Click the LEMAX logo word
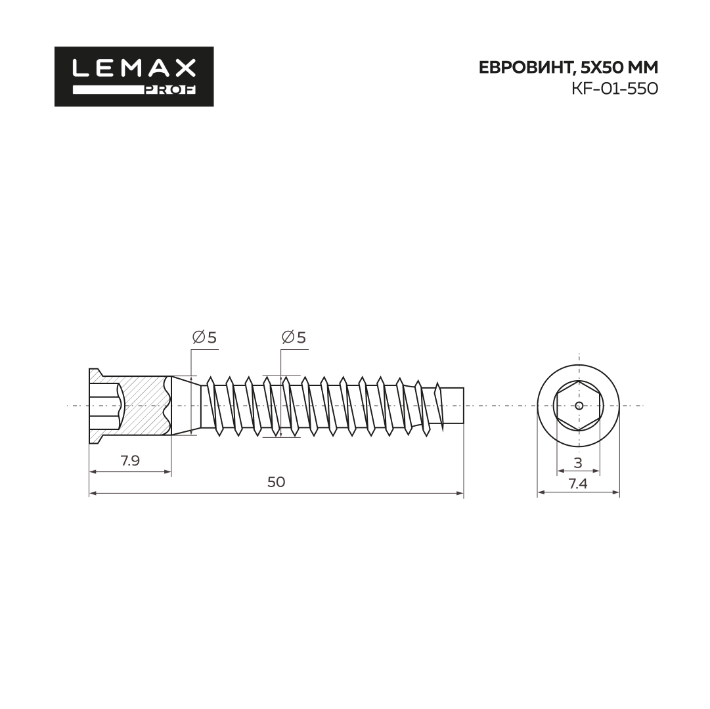[134, 68]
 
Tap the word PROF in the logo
[170, 90]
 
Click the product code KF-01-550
[615, 89]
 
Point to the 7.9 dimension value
[130, 461]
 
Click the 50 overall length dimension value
[277, 483]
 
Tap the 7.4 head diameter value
[578, 484]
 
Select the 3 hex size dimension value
[578, 463]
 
